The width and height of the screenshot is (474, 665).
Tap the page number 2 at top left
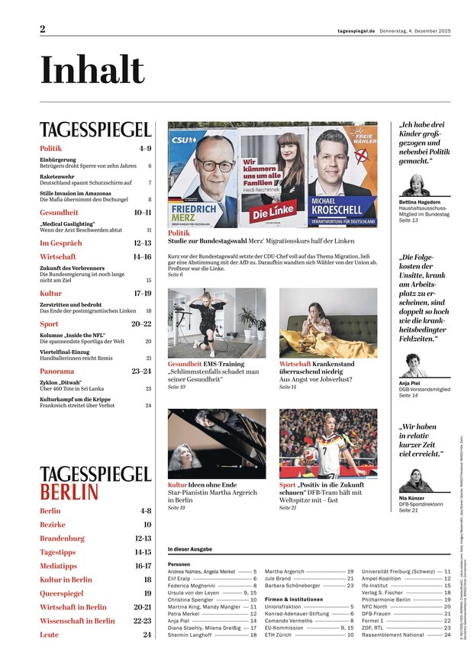[x=43, y=29]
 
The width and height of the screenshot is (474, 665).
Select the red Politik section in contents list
[x=51, y=148]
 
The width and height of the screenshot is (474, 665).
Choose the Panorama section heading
[x=56, y=371]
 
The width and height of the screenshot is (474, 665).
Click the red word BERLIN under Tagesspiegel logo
[x=69, y=490]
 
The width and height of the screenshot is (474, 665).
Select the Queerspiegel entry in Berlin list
[x=61, y=593]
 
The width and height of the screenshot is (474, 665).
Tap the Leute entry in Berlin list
[x=49, y=634]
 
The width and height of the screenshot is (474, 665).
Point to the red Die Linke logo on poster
[x=272, y=214]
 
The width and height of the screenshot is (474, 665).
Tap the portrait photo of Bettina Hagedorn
[x=417, y=185]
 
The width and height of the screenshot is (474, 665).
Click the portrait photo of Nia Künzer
[x=415, y=480]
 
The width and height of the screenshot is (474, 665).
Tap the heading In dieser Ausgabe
[x=189, y=549]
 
